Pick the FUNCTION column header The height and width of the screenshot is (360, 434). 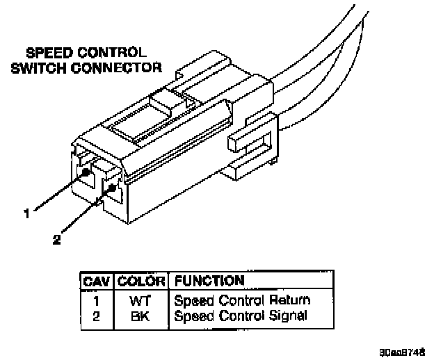tap(209, 281)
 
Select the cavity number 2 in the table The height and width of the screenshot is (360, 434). tap(97, 316)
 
